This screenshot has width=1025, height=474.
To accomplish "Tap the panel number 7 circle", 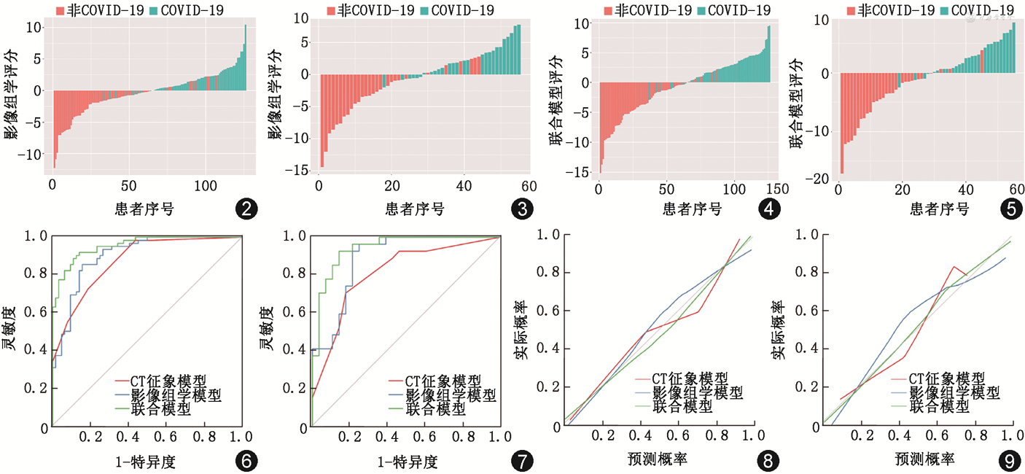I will click(x=522, y=461).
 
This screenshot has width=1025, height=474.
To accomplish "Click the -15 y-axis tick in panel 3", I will click(x=300, y=171).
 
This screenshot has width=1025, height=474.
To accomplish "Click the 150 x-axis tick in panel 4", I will click(x=771, y=187).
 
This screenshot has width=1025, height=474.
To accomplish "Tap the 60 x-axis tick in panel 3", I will click(x=529, y=187).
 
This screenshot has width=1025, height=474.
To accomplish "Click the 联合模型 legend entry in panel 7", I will click(x=435, y=409).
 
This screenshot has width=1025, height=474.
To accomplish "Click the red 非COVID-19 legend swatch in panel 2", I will click(x=61, y=9).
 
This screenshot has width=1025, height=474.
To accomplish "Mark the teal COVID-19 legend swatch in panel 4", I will click(x=701, y=9).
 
